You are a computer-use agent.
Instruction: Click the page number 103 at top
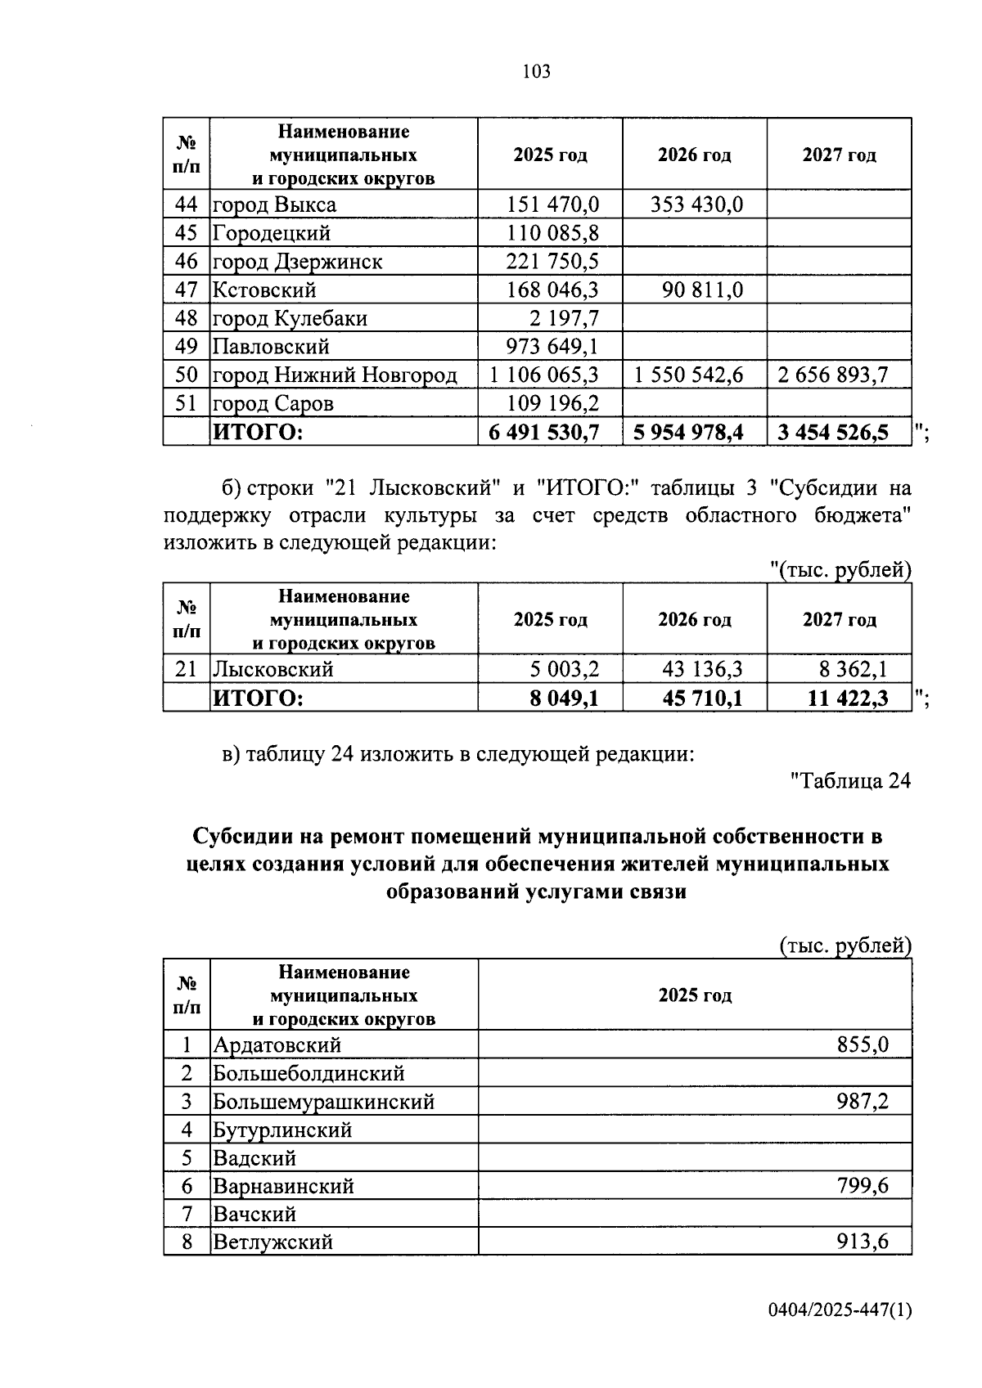click(x=536, y=72)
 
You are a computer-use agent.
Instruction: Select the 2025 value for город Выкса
click(x=552, y=204)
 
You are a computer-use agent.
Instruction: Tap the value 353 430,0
click(x=696, y=204)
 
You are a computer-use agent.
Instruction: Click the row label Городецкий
click(x=272, y=233)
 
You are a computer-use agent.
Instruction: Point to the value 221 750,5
click(x=552, y=262)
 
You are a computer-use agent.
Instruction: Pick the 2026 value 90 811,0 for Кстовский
click(x=703, y=290)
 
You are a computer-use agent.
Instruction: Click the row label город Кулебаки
click(x=290, y=318)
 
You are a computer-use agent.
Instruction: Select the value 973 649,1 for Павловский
click(x=552, y=347)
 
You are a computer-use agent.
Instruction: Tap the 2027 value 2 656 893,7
click(x=833, y=375)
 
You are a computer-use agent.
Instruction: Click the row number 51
click(x=187, y=403)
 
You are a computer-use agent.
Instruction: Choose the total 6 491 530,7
click(x=544, y=432)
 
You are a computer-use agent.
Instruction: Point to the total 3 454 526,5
click(x=833, y=432)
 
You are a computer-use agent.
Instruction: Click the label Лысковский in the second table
click(x=273, y=669)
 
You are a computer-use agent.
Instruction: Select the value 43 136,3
click(x=702, y=669)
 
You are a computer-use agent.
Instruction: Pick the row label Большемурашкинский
click(x=323, y=1102)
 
